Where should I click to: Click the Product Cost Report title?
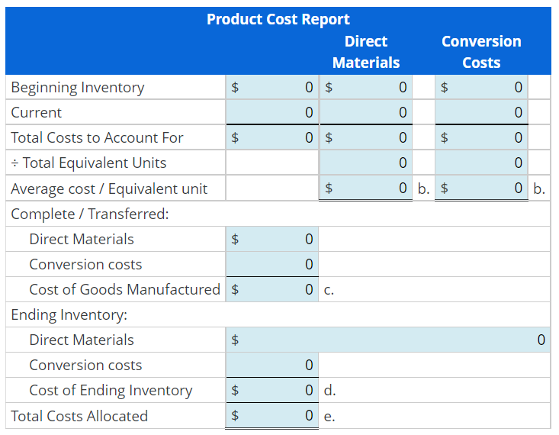pyautogui.click(x=278, y=19)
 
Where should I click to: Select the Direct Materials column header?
pyautogui.click(x=366, y=52)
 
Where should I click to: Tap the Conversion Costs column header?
pyautogui.click(x=481, y=52)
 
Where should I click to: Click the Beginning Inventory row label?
pyautogui.click(x=78, y=88)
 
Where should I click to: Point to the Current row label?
pyautogui.click(x=37, y=113)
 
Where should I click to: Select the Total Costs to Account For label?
pyautogui.click(x=97, y=138)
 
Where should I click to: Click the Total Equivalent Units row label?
pyautogui.click(x=88, y=163)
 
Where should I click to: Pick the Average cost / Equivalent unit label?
pyautogui.click(x=109, y=188)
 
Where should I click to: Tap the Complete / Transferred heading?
pyautogui.click(x=90, y=214)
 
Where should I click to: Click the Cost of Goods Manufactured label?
pyautogui.click(x=124, y=289)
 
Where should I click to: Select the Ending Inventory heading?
pyautogui.click(x=69, y=314)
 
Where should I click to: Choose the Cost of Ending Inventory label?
pyautogui.click(x=111, y=390)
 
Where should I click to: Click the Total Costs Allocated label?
pyautogui.click(x=79, y=416)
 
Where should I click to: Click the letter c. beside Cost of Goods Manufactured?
pyautogui.click(x=329, y=290)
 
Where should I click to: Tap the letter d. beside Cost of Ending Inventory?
pyautogui.click(x=329, y=391)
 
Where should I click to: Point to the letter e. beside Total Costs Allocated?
pyautogui.click(x=329, y=416)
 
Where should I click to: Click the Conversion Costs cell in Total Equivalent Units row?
pyautogui.click(x=481, y=163)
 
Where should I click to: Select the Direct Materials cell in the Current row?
pyautogui.click(x=366, y=113)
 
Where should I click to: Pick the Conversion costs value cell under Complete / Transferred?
pyautogui.click(x=271, y=264)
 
